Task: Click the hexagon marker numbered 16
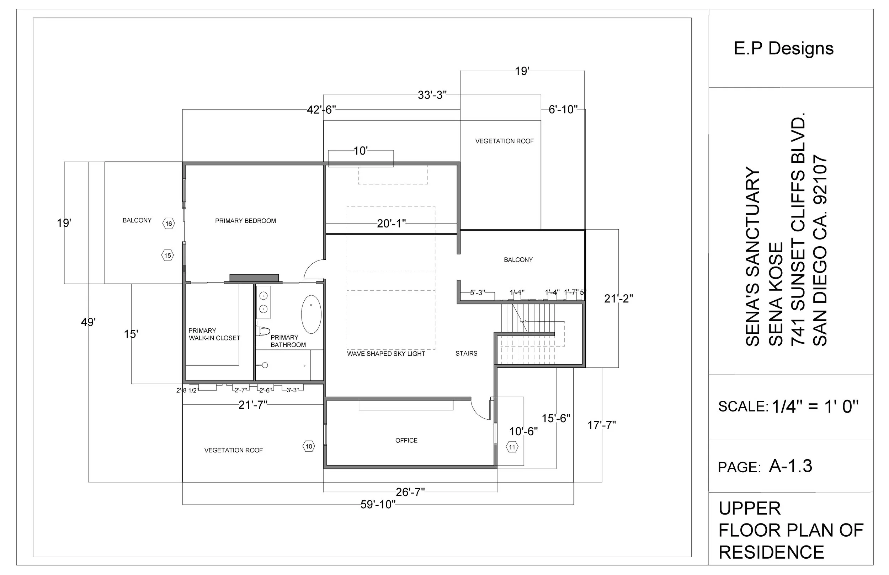(169, 224)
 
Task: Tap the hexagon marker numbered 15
(168, 256)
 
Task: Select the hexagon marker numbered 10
(309, 446)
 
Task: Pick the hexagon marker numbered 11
(512, 447)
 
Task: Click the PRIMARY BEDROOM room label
(245, 221)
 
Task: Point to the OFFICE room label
(406, 441)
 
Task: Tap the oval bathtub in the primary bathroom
(311, 315)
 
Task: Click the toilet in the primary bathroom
(263, 331)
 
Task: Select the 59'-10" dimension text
(378, 504)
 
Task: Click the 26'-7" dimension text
(410, 492)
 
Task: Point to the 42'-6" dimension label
(321, 110)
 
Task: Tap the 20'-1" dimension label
(391, 224)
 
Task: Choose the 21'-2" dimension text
(618, 299)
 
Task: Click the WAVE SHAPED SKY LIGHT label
(386, 354)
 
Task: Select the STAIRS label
(466, 354)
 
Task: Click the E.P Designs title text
(783, 49)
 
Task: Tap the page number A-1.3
(790, 466)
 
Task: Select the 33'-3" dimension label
(432, 95)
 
